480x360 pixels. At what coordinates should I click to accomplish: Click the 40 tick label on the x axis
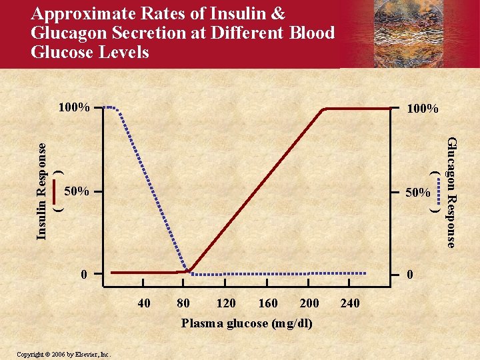click(x=143, y=304)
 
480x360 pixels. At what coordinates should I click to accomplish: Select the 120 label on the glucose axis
click(x=226, y=304)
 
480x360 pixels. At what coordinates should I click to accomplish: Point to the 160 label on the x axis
click(x=268, y=304)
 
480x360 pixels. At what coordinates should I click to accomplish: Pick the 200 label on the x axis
click(x=309, y=304)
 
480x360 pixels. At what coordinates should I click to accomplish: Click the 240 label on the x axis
click(x=350, y=304)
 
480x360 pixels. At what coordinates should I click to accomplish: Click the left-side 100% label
click(x=73, y=107)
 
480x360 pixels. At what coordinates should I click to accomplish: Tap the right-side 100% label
click(x=423, y=108)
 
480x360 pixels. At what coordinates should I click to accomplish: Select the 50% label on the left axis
click(x=77, y=192)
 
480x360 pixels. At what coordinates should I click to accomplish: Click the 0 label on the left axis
click(x=83, y=274)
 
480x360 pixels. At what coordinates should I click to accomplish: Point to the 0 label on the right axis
click(x=410, y=274)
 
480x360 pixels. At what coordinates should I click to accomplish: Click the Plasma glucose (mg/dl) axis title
click(x=247, y=323)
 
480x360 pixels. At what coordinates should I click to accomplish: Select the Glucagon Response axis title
click(x=451, y=192)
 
